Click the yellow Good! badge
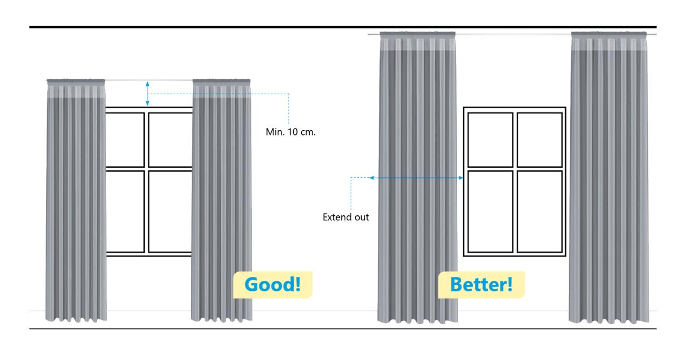(x=273, y=284)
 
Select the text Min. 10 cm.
(x=290, y=131)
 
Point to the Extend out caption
(x=345, y=218)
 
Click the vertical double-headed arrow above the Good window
(x=148, y=93)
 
